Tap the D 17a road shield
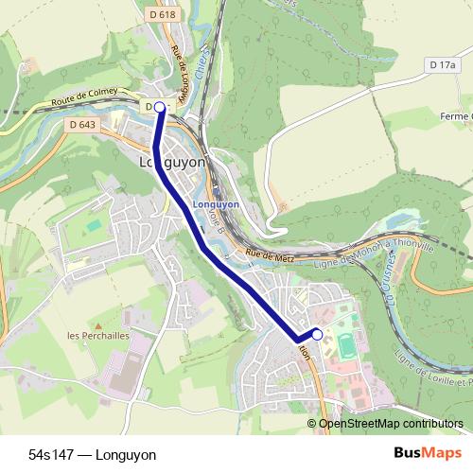441,64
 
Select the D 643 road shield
82,124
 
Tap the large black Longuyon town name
172,163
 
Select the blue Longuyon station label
216,203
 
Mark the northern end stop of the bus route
160,108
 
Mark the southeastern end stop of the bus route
317,334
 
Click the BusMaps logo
421,454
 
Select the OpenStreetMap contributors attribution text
391,424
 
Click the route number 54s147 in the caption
52,455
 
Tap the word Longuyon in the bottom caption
125,455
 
